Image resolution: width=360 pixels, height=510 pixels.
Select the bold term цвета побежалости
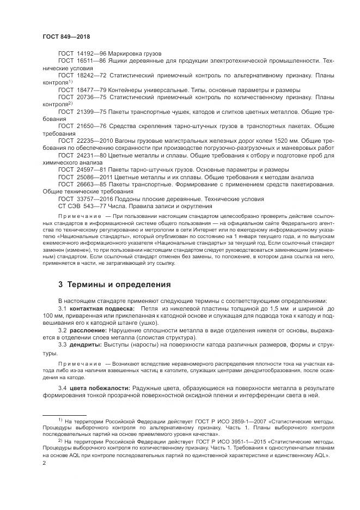pos(99,387)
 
